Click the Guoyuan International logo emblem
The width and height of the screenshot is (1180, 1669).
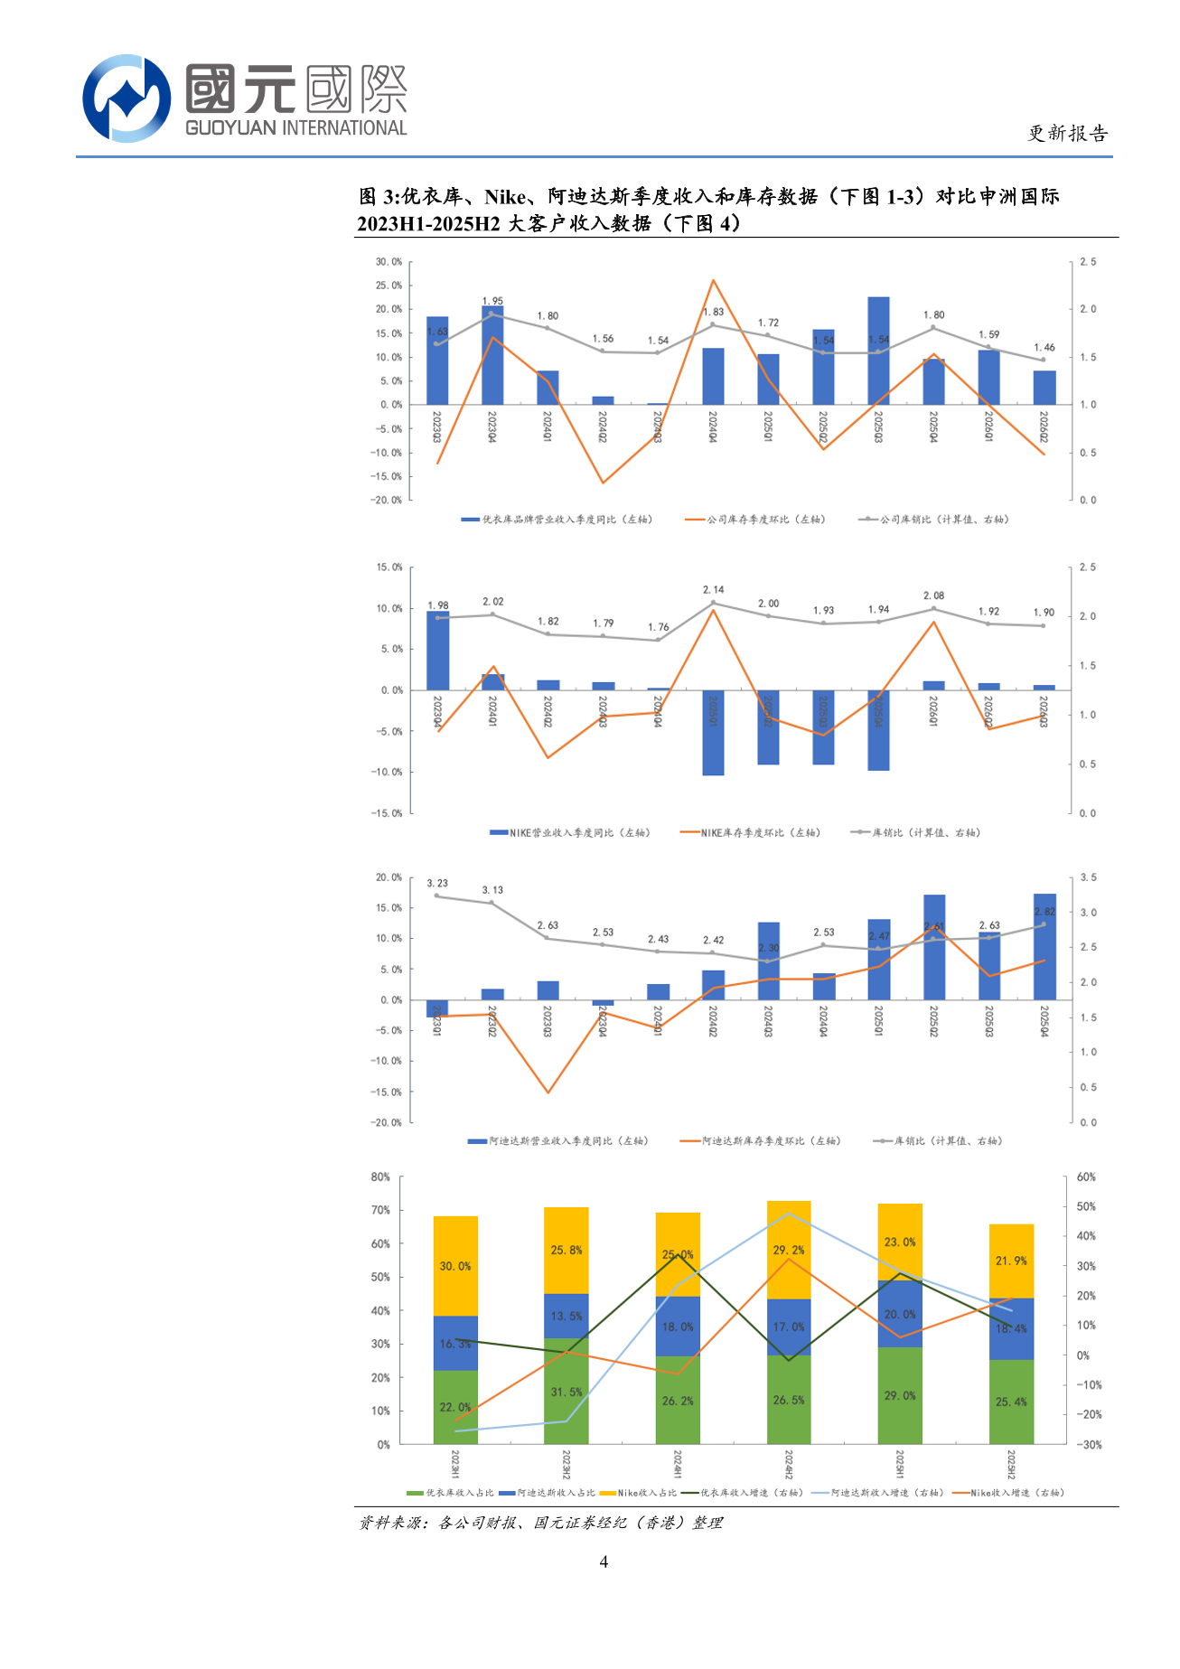[126, 98]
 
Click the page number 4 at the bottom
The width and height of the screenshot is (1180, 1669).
[604, 1561]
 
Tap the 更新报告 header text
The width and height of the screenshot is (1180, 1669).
[1067, 134]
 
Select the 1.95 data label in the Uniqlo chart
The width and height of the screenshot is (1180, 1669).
[492, 301]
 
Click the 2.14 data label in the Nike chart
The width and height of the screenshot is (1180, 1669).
[713, 589]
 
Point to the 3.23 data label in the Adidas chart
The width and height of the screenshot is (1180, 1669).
[437, 883]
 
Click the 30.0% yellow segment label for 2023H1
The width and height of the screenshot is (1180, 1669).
[455, 1266]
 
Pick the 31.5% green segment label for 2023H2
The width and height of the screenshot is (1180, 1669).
[567, 1392]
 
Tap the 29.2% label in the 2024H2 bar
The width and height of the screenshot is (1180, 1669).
[789, 1250]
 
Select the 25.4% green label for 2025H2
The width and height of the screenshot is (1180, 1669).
[1011, 1402]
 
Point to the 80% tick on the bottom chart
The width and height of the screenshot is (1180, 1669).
[380, 1177]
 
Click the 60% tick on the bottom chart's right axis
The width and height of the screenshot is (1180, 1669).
[1086, 1177]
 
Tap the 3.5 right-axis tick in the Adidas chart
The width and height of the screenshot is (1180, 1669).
[1088, 877]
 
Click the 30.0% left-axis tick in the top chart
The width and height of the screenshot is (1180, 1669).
[389, 262]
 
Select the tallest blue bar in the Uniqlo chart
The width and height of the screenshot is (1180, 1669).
[878, 351]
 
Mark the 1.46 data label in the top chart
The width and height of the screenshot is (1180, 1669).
[1044, 347]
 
